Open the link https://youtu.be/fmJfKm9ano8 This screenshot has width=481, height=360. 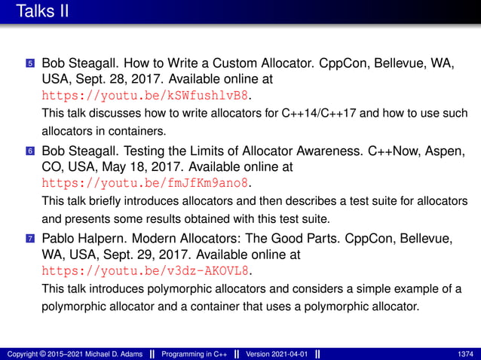(145, 183)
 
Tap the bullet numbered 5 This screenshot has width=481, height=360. (30, 63)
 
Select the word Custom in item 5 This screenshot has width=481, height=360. (248, 63)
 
